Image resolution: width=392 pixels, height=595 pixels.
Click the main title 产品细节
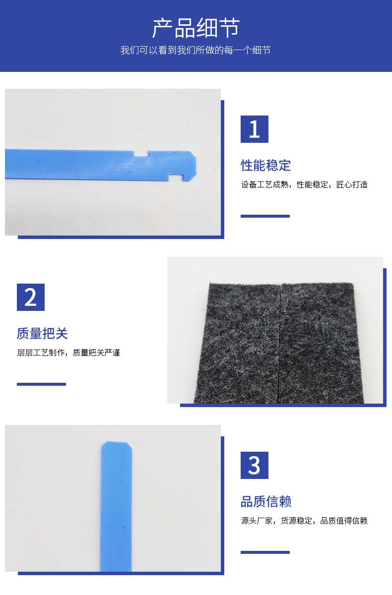196,28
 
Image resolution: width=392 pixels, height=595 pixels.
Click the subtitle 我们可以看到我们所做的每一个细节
196,51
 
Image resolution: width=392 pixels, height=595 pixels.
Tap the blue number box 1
255,129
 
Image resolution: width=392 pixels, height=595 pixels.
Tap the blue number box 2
31,297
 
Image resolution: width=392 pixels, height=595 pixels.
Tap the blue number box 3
255,465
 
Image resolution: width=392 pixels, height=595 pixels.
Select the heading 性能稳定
266,165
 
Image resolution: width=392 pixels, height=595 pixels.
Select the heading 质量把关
42,333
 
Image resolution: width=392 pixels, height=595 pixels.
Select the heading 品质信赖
266,501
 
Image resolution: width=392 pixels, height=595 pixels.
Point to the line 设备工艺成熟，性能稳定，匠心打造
304,185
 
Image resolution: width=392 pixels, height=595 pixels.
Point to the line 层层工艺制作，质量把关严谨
68,353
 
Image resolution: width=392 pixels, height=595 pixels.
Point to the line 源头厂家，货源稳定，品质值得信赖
304,521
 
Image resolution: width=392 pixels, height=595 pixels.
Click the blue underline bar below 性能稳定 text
265,216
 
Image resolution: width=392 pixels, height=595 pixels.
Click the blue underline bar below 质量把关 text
41,384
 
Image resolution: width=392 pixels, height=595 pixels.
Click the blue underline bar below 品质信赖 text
265,552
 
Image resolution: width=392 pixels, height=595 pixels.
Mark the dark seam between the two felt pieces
280,342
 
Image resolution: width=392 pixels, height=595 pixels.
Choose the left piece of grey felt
243,342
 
